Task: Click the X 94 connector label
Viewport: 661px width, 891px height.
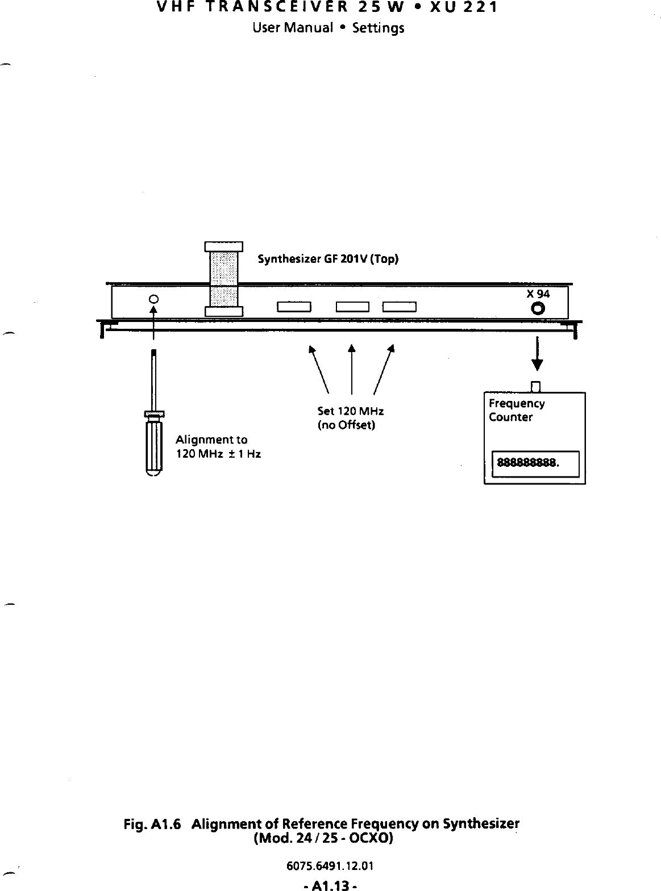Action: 538,294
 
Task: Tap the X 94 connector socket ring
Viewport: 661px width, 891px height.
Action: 538,309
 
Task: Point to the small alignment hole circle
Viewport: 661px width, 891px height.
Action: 153,299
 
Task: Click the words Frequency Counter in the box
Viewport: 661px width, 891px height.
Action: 516,410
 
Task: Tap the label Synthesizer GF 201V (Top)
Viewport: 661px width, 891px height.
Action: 328,260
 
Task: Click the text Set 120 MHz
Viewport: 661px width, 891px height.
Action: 351,411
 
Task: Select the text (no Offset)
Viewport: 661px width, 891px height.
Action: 346,425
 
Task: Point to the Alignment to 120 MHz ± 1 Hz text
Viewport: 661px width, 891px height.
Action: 218,447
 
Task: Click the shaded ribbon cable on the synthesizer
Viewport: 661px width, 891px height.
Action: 224,278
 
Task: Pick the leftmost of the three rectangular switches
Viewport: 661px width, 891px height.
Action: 293,308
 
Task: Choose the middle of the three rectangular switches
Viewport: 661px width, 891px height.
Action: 353,308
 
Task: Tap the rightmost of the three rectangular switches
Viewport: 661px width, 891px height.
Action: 400,308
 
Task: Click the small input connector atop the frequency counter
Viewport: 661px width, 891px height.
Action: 535,387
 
